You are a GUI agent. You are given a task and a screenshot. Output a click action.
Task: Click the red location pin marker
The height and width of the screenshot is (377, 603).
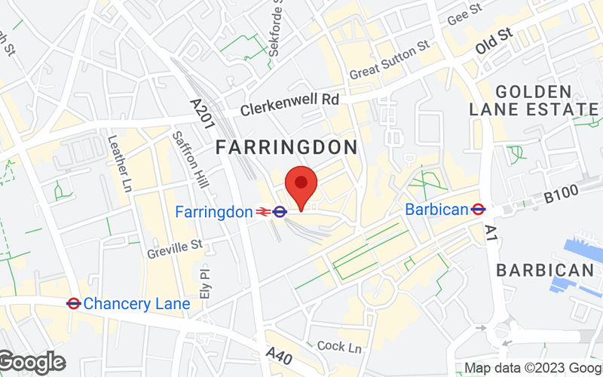click(x=301, y=185)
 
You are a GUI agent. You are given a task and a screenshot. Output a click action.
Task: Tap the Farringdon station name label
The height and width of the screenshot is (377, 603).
click(x=213, y=213)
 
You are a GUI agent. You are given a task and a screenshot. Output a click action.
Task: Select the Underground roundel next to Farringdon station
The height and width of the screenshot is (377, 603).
click(x=280, y=213)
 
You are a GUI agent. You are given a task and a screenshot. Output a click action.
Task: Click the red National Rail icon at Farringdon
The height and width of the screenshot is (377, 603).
click(x=263, y=213)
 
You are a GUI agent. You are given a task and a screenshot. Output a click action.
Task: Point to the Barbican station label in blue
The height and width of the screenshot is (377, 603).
click(x=436, y=210)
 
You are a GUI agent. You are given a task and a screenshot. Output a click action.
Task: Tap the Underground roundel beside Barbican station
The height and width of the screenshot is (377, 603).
click(x=477, y=210)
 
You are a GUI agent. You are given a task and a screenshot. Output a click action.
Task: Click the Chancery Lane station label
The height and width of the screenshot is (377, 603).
click(x=136, y=304)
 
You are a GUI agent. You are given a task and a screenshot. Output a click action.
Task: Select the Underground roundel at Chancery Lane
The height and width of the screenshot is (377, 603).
click(x=73, y=304)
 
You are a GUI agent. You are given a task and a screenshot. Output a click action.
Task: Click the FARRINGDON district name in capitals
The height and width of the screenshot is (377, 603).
click(x=286, y=147)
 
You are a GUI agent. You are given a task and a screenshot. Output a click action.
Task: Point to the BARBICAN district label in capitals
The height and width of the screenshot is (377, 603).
click(x=545, y=270)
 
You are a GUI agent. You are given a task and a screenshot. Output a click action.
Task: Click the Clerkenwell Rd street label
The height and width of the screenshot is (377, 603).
click(x=290, y=105)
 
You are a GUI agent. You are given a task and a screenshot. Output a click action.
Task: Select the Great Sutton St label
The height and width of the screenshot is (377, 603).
click(x=390, y=61)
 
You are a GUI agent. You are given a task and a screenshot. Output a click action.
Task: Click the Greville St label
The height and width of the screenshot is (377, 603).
click(x=175, y=245)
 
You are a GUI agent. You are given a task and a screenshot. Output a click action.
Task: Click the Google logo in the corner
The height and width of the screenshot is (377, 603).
click(x=32, y=363)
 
